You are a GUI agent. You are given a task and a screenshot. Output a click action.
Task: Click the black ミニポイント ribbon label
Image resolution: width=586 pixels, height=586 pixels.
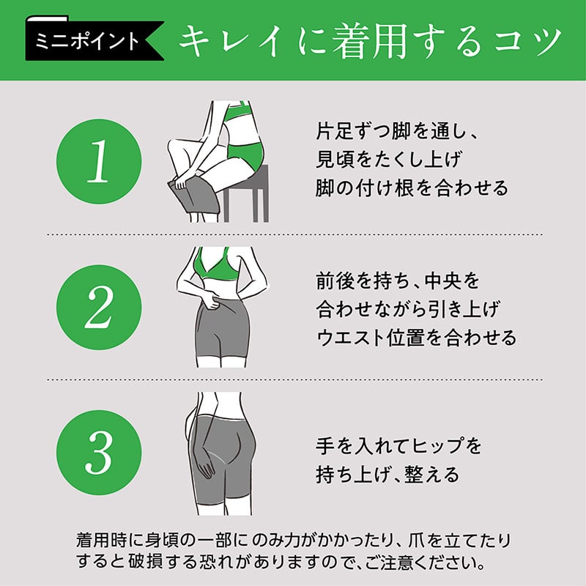click(x=94, y=40)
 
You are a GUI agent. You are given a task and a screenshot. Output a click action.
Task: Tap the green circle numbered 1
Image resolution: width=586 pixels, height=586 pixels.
click(x=99, y=161)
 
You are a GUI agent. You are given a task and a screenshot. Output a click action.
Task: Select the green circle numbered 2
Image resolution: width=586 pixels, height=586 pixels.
click(x=99, y=307)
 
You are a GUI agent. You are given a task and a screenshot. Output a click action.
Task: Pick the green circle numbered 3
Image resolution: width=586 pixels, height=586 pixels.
click(x=99, y=453)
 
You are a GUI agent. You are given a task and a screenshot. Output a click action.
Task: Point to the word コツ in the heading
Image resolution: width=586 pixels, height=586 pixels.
click(x=528, y=42)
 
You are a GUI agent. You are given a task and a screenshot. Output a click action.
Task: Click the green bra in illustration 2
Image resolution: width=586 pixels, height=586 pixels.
click(x=215, y=264)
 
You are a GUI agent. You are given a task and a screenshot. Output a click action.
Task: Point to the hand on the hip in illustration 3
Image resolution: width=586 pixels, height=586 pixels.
click(x=204, y=461)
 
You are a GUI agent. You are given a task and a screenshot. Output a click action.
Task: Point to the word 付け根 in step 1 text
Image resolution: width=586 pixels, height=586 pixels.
click(x=378, y=188)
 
